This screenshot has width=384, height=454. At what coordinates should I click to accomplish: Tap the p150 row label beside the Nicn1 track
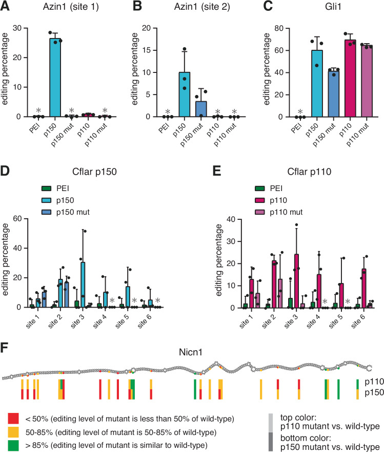[371, 393]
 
